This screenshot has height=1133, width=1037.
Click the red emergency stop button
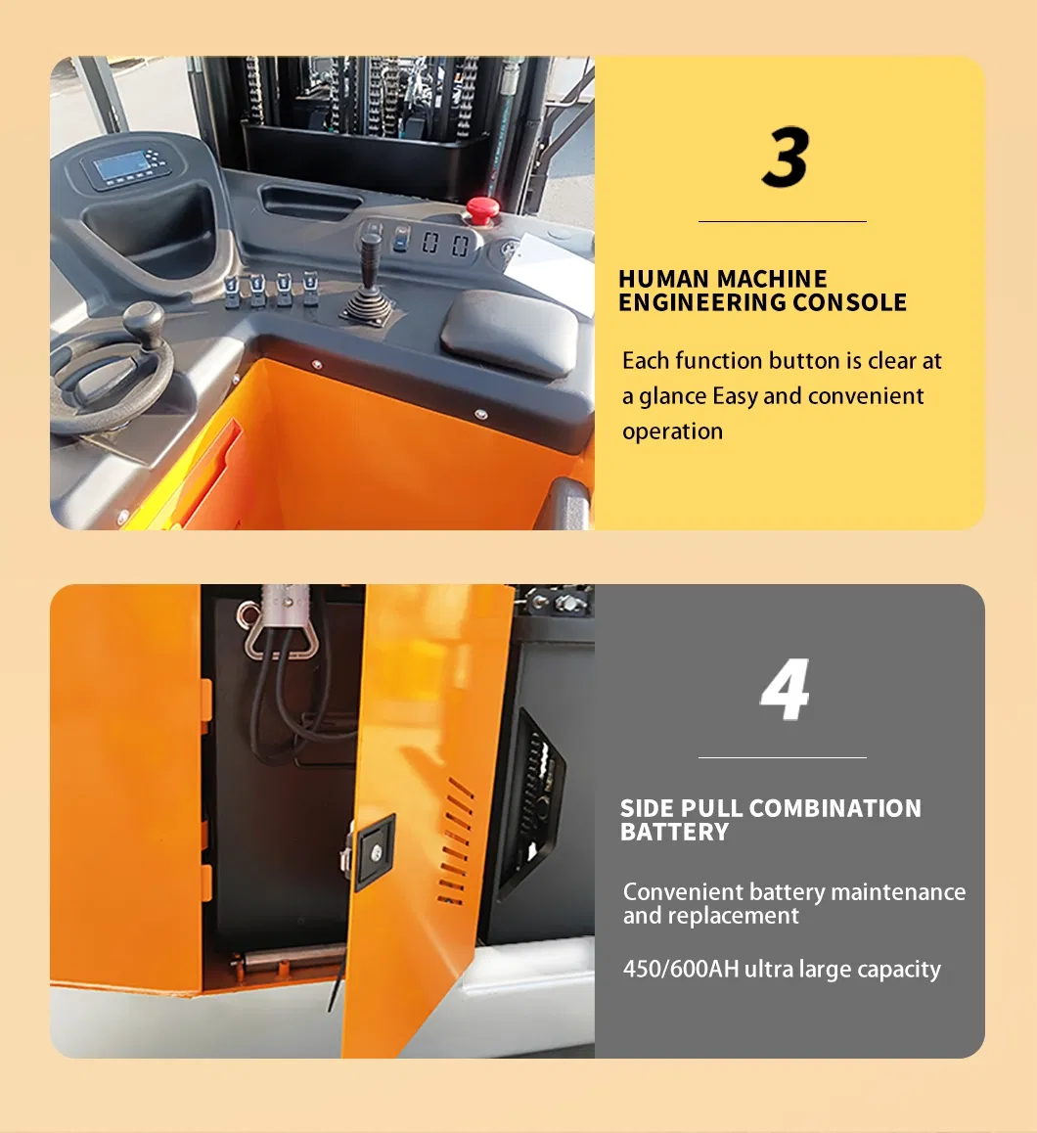pos(480,209)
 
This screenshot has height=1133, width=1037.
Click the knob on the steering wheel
pos(143,321)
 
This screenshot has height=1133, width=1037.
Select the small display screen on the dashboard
pos(124,166)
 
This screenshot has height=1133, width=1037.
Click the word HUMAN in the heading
pos(666,279)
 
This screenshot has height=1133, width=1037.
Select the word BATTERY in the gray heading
pos(675,832)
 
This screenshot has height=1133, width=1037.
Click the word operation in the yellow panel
pos(672,431)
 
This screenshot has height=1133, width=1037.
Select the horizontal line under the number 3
pos(782,222)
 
